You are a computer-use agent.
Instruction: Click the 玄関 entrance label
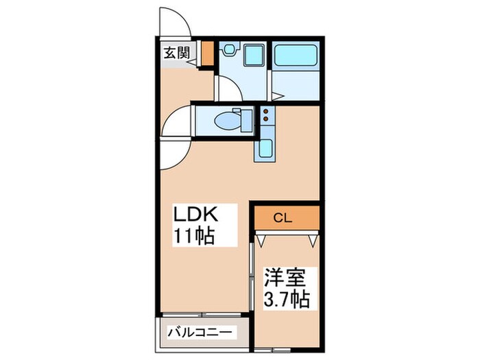tap(176, 52)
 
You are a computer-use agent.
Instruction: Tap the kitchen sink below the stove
tap(265, 149)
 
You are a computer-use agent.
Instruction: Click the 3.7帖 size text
tap(286, 299)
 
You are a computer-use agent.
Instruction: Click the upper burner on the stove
tap(265, 112)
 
